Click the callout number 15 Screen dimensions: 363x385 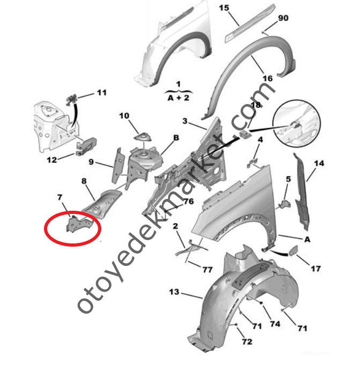click(224, 8)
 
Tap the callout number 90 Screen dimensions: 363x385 click(283, 18)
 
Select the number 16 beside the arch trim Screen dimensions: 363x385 click(268, 78)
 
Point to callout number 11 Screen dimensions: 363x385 click(102, 93)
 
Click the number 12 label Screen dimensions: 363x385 click(51, 160)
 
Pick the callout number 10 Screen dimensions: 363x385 click(124, 116)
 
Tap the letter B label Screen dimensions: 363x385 click(176, 138)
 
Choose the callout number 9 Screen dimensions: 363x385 click(91, 162)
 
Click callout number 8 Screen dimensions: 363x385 click(84, 181)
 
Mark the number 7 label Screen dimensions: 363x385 click(60, 197)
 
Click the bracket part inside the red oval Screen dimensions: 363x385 click(79, 224)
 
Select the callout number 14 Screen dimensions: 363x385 click(319, 164)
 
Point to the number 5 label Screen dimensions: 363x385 click(288, 179)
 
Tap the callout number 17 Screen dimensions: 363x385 click(316, 269)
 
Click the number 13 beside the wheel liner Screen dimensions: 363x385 click(174, 292)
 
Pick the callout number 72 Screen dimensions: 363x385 click(247, 342)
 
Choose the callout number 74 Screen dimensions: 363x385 click(275, 324)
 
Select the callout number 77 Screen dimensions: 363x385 click(208, 270)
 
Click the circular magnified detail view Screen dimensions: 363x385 click(297, 123)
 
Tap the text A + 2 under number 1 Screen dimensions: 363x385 click(179, 98)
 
